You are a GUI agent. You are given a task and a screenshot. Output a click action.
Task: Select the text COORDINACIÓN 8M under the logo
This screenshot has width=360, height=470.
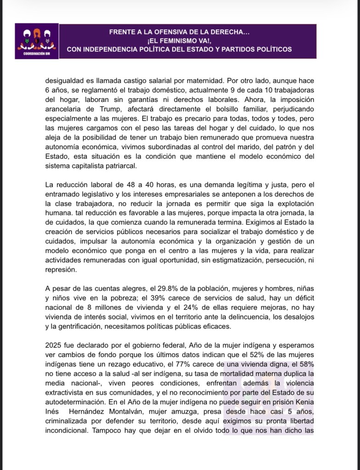click(x=37, y=54)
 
